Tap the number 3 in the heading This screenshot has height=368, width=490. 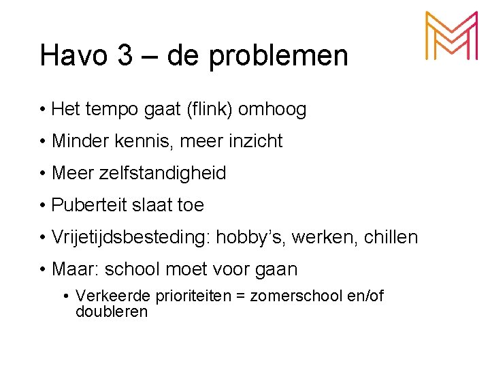coord(125,55)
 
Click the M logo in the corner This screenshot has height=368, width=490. coord(451,37)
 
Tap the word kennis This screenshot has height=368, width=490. coord(141,142)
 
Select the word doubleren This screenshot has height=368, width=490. coord(112,311)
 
